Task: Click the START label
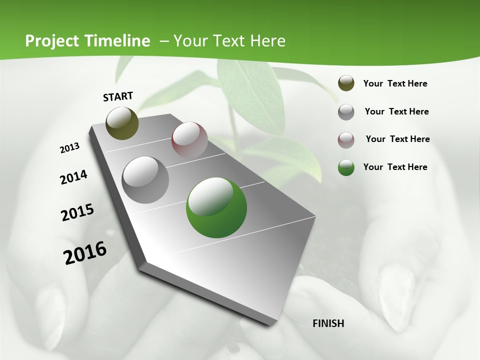point(118,96)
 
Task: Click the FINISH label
point(328,323)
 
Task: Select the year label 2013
point(69,148)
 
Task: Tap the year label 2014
point(73,177)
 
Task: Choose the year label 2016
point(85,253)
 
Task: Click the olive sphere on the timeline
point(122,123)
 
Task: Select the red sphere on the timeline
point(189,140)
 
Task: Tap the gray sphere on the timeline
point(145,179)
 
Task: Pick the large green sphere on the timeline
point(216,207)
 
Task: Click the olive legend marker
point(346,83)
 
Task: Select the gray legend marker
point(346,112)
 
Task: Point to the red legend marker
point(346,140)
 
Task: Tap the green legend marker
point(346,167)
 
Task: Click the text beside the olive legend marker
point(395,83)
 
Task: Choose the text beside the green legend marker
point(395,167)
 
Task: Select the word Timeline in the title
point(117,41)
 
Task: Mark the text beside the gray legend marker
point(396,111)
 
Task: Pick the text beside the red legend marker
point(397,139)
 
